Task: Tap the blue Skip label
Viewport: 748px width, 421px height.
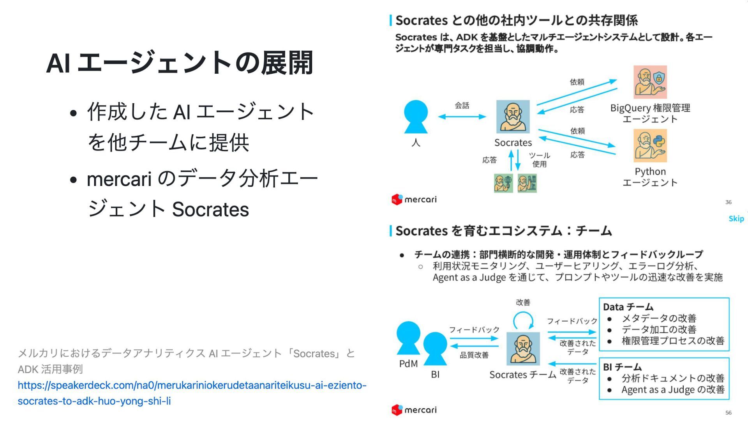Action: point(736,219)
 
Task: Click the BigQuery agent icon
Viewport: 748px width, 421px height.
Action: point(650,82)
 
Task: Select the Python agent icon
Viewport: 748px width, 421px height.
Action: point(650,146)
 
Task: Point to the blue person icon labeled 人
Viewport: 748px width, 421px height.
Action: point(416,117)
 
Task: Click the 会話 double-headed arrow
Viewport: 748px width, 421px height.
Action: point(462,117)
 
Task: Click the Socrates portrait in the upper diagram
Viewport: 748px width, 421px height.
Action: point(513,117)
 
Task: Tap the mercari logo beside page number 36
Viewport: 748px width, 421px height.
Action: point(414,200)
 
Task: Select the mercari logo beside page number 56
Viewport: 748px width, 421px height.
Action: point(414,410)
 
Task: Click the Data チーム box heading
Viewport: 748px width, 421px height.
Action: point(628,307)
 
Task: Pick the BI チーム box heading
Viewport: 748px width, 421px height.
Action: point(622,367)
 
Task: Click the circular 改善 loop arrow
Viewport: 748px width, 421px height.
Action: point(523,321)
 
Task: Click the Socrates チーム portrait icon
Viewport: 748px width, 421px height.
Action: point(523,348)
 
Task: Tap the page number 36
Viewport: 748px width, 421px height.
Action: point(728,202)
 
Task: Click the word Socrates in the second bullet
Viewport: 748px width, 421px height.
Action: point(210,210)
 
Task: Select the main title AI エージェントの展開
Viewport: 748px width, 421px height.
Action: point(180,63)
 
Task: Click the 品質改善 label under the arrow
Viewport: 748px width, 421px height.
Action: point(474,355)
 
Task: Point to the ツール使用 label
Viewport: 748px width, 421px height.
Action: point(539,160)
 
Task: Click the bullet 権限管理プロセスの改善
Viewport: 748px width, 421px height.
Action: point(673,341)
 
